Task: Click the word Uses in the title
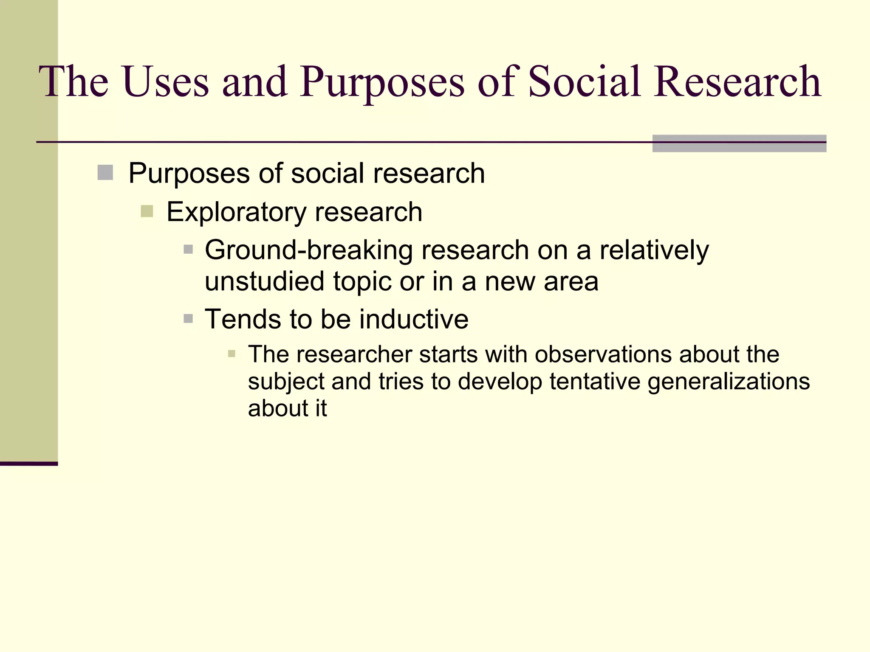(x=166, y=81)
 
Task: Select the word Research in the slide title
(x=737, y=81)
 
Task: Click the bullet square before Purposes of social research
(x=105, y=173)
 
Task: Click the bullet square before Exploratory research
(x=147, y=211)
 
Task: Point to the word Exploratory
(x=236, y=212)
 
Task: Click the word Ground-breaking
(x=308, y=250)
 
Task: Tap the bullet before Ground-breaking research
(x=188, y=249)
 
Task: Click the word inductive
(x=414, y=319)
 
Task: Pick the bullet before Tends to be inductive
(x=188, y=318)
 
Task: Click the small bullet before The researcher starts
(x=232, y=354)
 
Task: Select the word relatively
(x=654, y=250)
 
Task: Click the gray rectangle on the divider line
(x=739, y=143)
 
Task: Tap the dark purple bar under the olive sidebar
(x=28, y=464)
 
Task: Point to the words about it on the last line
(x=287, y=408)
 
